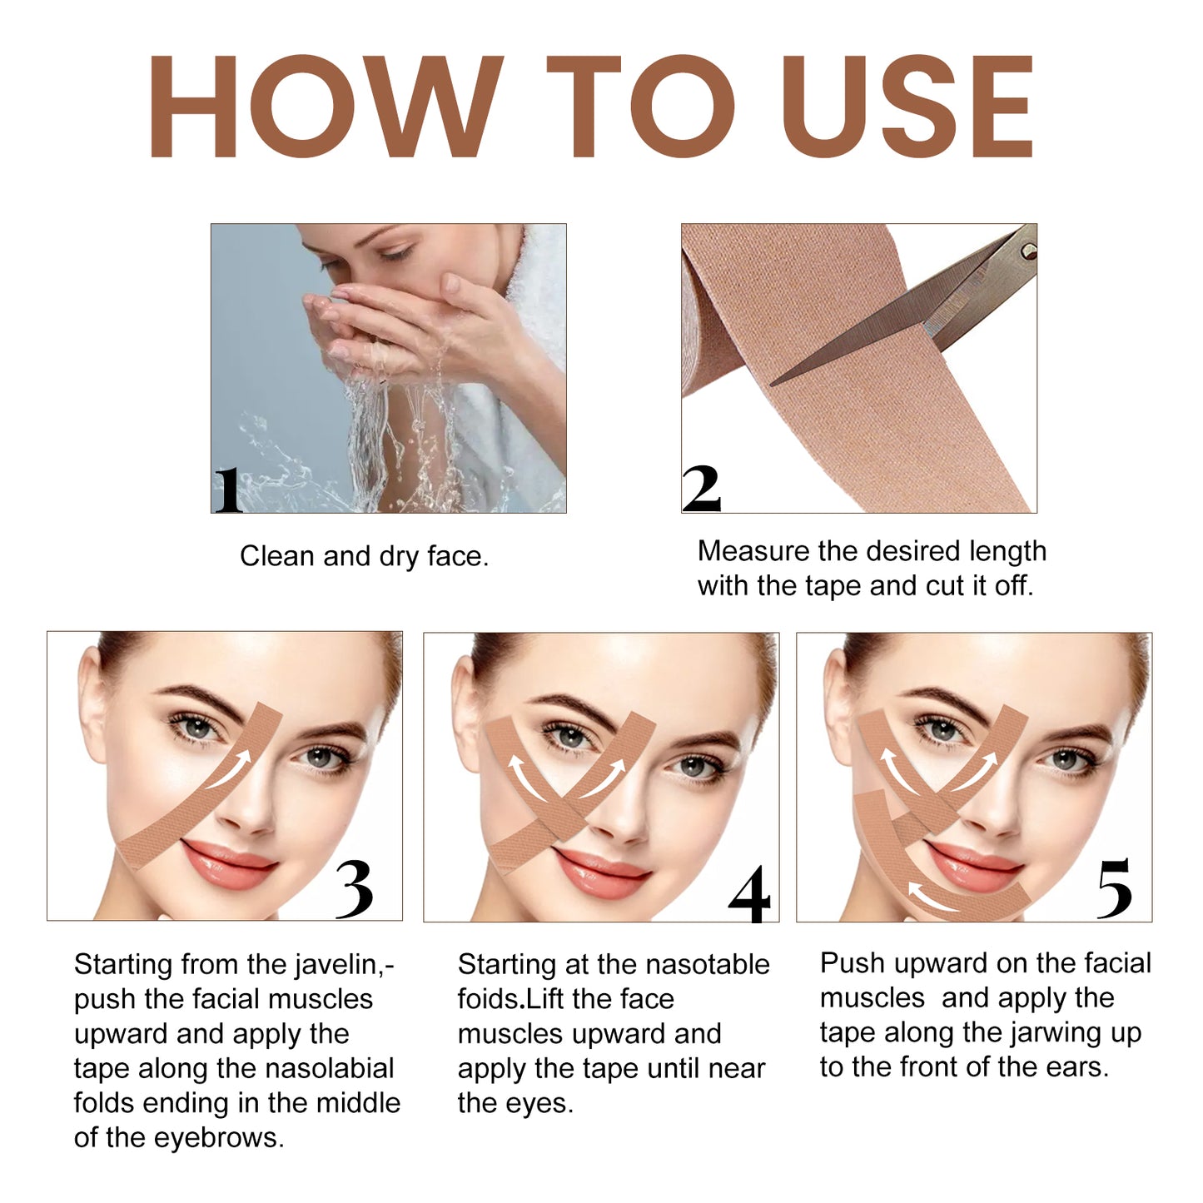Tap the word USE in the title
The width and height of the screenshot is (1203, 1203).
pyautogui.click(x=907, y=107)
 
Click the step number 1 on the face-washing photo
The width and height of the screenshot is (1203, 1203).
pyautogui.click(x=227, y=490)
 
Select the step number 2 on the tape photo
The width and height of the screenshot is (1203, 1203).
pyautogui.click(x=701, y=489)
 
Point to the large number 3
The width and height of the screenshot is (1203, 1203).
pyautogui.click(x=354, y=889)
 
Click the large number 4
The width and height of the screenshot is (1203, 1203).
pyautogui.click(x=748, y=895)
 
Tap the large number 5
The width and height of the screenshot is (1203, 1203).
pyautogui.click(x=1114, y=889)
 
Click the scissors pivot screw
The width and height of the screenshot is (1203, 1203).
pyautogui.click(x=1027, y=248)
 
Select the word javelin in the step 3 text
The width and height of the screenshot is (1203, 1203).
pyautogui.click(x=336, y=965)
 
